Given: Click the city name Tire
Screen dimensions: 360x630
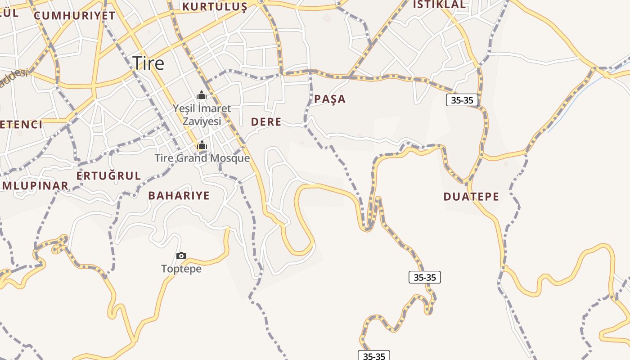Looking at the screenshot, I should coord(148,63).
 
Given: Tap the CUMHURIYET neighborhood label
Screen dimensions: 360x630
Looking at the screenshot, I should coord(75,15).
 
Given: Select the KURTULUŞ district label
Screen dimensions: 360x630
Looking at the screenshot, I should coord(215,7).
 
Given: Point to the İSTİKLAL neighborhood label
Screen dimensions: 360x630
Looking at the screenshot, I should coord(439,4).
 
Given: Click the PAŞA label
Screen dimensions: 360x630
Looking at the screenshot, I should coord(330,99).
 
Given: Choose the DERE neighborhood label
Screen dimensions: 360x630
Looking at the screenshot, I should coord(266,121).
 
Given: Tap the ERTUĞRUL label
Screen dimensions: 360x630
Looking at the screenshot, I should coord(108,175).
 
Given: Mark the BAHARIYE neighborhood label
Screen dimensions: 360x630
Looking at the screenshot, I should coord(179,195).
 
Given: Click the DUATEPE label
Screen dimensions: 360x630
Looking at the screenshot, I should coord(471,197).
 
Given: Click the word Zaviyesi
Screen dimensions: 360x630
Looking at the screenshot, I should coord(202,121).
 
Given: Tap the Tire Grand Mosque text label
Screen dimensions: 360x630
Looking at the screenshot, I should coord(202,158).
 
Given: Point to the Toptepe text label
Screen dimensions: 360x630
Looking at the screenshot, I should coord(181,269).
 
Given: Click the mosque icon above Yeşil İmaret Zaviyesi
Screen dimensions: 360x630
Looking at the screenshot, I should coord(202,95).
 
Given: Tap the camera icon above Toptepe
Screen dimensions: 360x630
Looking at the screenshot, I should coord(181,256).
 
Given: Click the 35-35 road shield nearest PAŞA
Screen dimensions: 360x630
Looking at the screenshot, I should coord(462,100).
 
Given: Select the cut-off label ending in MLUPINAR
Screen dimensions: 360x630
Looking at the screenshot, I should coord(34,185).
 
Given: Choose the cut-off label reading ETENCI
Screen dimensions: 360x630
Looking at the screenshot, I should coord(21,124).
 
